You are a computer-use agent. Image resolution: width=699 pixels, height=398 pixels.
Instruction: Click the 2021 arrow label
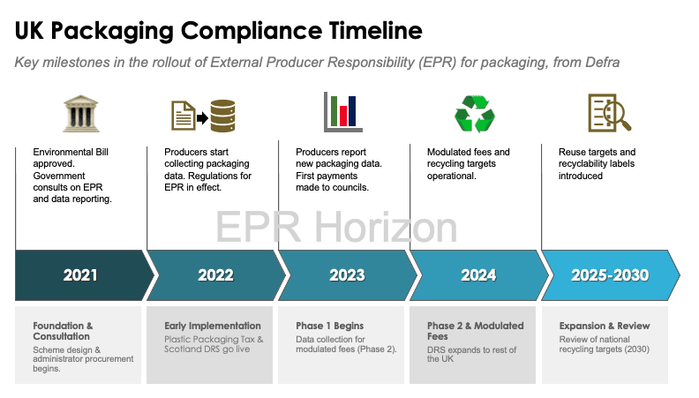(x=80, y=275)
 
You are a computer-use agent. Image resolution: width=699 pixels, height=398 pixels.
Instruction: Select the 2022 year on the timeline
(x=215, y=275)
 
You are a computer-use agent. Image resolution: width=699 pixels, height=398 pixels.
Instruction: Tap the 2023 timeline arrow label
(x=347, y=275)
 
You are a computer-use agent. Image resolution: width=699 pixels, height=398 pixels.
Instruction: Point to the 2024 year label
(x=478, y=275)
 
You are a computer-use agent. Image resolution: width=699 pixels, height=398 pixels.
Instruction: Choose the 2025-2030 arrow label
(x=610, y=275)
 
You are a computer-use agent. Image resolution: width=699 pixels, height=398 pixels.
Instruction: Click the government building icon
(x=80, y=114)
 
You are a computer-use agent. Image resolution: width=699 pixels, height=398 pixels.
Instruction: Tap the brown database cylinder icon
(x=222, y=116)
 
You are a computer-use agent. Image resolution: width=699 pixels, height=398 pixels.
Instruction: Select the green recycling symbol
(x=475, y=114)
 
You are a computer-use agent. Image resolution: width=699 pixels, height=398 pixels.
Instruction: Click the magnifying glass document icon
(x=609, y=113)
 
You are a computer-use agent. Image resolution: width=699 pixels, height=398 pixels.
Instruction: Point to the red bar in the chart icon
(x=343, y=116)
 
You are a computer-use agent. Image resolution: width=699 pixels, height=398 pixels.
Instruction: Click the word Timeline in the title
(x=376, y=31)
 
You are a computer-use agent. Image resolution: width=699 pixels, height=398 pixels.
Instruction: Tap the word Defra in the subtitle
(x=602, y=63)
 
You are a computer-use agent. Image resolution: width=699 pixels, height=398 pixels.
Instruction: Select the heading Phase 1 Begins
(x=329, y=326)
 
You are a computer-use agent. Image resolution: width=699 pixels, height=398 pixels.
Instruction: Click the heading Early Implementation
(x=212, y=326)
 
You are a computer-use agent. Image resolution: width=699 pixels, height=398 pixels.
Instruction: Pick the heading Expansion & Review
(x=605, y=326)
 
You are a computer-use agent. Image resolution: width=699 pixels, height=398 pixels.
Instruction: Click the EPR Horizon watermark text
(x=336, y=228)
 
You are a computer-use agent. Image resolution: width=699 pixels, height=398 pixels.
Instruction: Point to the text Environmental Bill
(x=71, y=152)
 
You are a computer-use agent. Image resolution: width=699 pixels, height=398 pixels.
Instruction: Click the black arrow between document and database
(x=202, y=118)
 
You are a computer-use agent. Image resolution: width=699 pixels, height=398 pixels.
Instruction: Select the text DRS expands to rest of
(x=471, y=349)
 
